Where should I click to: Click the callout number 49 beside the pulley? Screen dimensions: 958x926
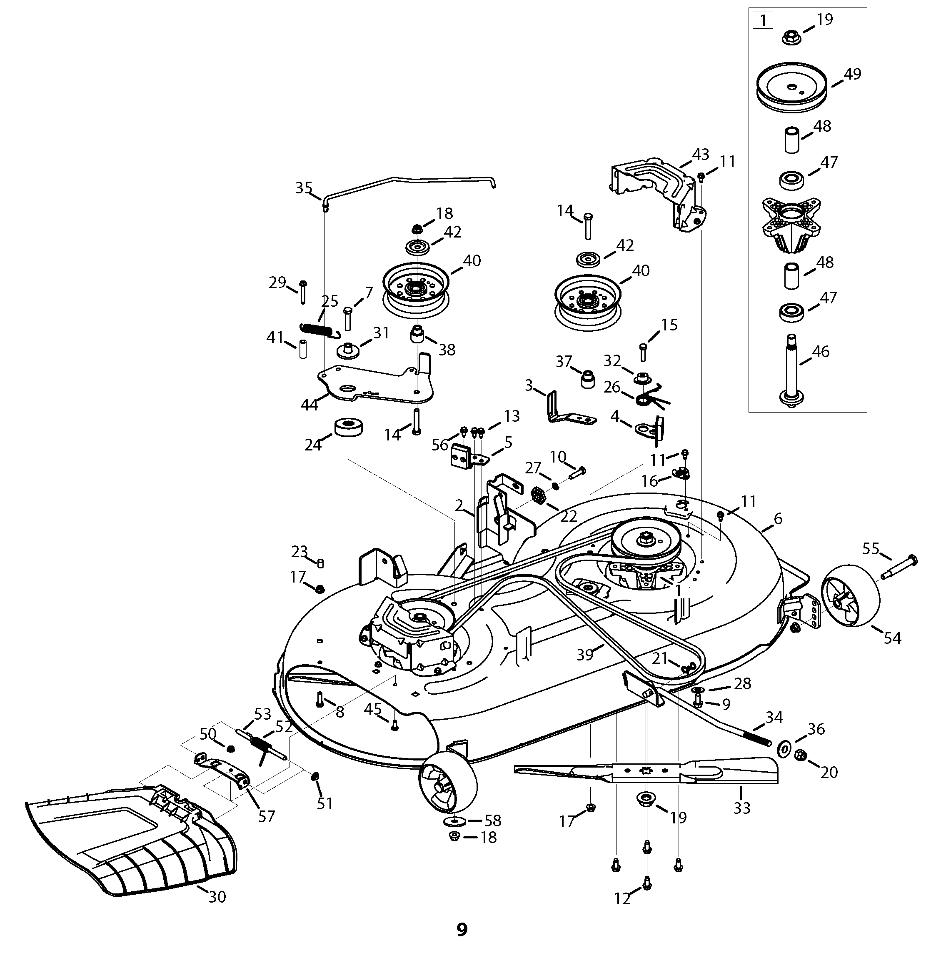coord(852,74)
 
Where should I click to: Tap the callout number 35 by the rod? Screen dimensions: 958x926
coord(303,188)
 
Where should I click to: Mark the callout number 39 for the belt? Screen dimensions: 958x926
coord(584,654)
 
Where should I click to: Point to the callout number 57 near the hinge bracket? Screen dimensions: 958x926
coord(267,816)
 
